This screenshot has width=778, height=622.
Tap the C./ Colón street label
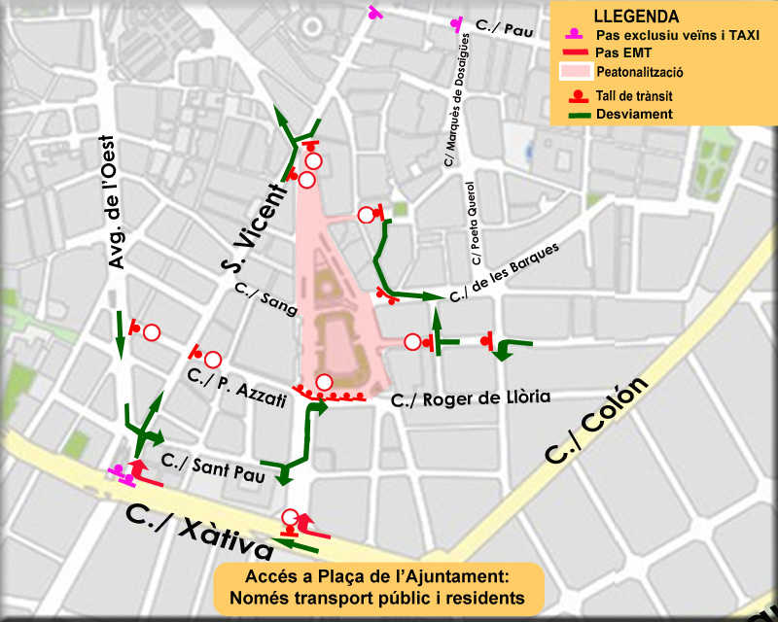point(595,421)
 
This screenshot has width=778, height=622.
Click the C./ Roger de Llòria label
point(471,397)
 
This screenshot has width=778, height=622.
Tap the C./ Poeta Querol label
point(474,224)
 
